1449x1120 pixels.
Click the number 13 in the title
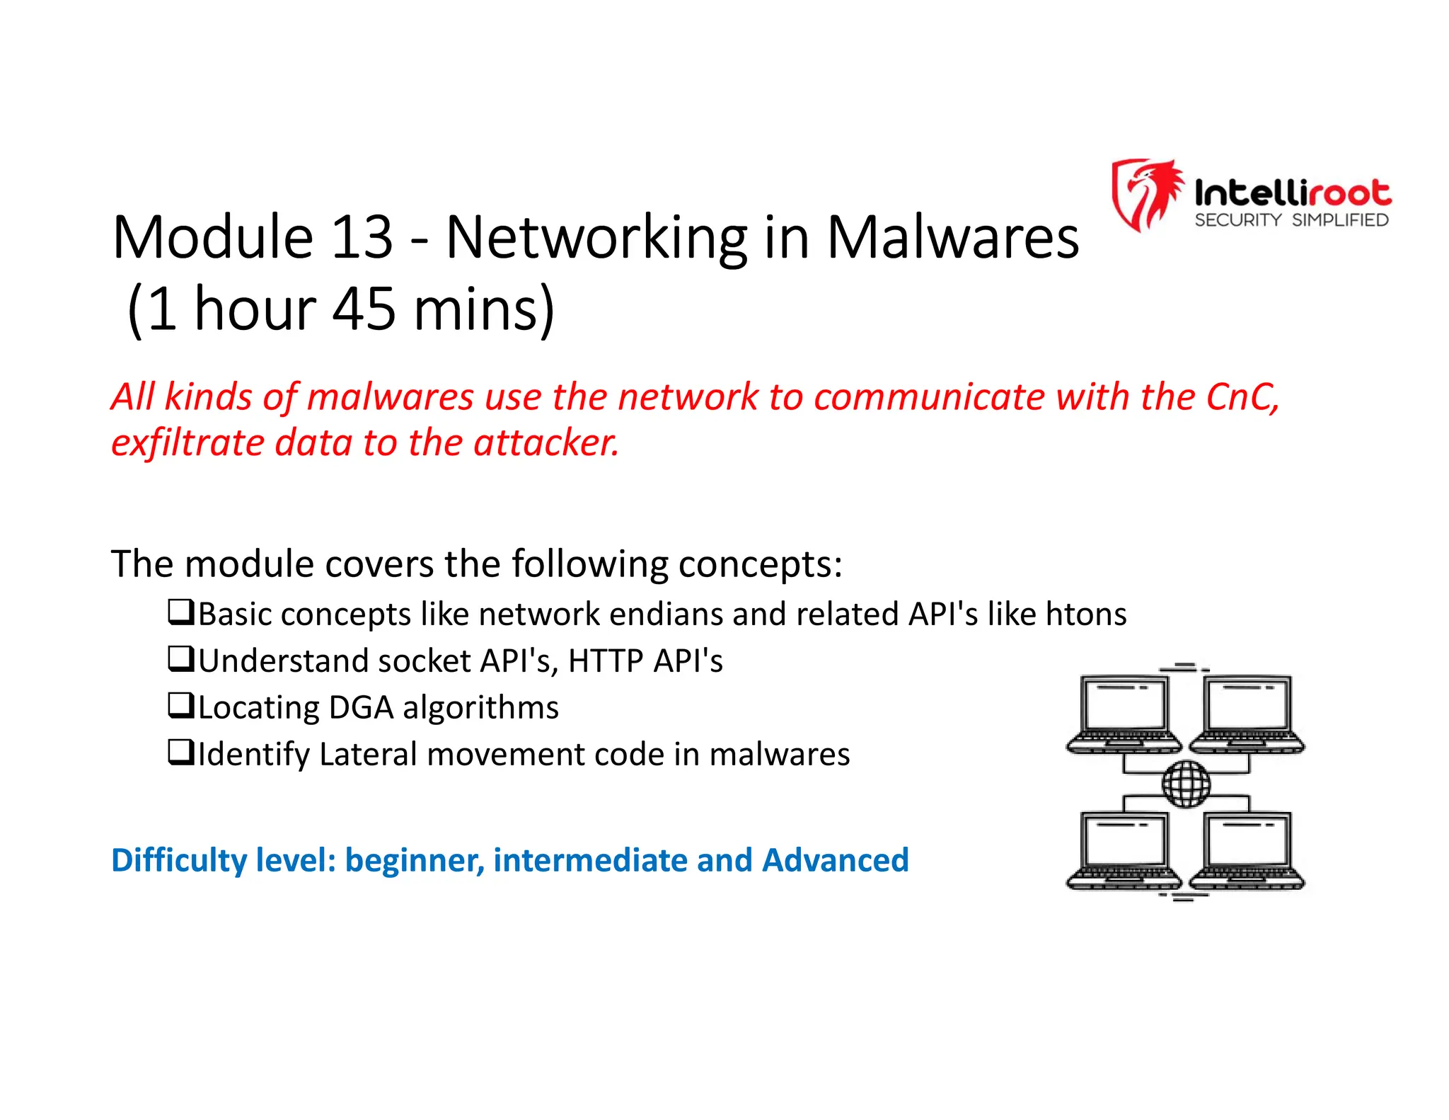click(x=361, y=237)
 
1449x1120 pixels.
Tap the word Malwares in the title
click(x=952, y=237)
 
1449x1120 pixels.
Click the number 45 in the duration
click(x=364, y=309)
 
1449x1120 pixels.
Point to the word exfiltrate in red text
click(x=187, y=443)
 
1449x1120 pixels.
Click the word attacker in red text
click(x=545, y=443)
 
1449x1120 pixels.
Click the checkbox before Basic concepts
click(x=180, y=612)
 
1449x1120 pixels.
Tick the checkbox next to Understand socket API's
click(x=180, y=658)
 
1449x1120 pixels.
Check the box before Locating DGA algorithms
click(x=180, y=705)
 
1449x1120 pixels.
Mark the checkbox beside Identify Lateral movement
click(x=180, y=752)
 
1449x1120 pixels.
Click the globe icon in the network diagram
click(x=1186, y=784)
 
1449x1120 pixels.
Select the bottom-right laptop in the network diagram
click(x=1247, y=850)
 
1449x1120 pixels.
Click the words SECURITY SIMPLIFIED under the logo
click(x=1291, y=220)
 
